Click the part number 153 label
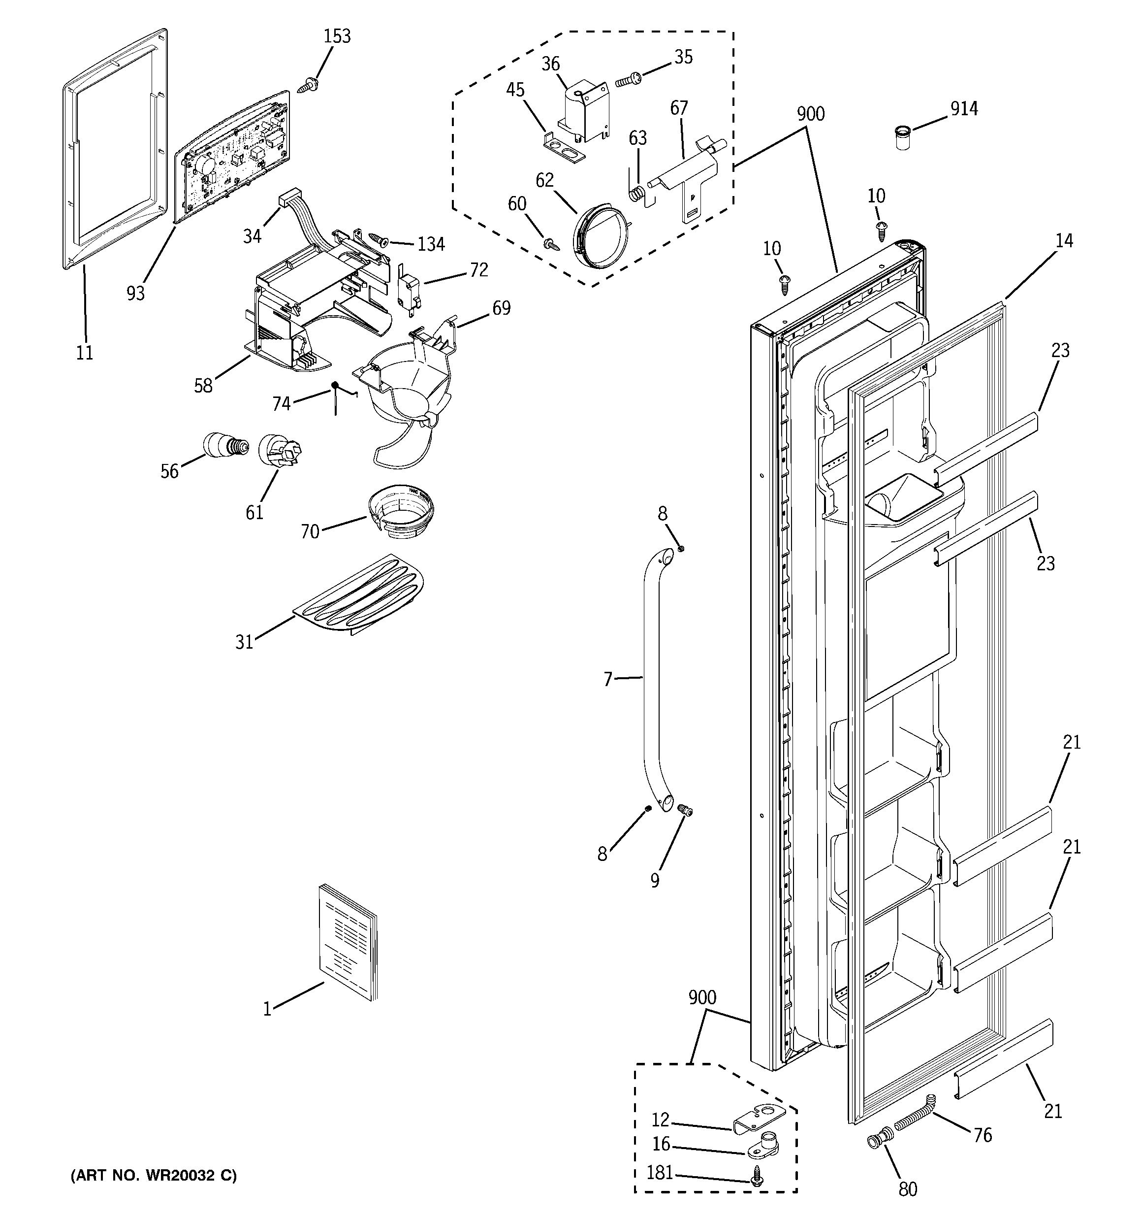click(337, 37)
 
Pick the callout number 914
click(964, 109)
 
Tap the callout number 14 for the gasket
click(1064, 241)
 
